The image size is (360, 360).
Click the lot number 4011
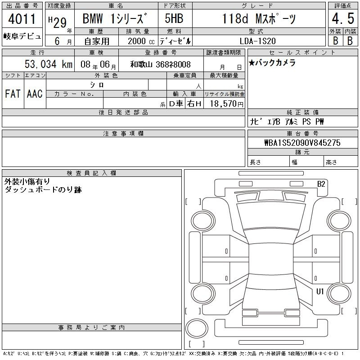point(22,19)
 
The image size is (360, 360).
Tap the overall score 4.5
point(343,18)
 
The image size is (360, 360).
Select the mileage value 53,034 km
point(49,64)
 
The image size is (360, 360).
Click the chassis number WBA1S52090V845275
point(302,143)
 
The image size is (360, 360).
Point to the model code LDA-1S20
point(257,41)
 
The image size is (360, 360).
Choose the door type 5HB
point(174,18)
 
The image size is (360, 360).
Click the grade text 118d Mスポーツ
point(259,18)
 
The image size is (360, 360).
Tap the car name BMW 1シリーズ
point(115,18)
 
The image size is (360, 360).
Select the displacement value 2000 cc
point(141,41)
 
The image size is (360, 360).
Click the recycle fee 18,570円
point(226,104)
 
